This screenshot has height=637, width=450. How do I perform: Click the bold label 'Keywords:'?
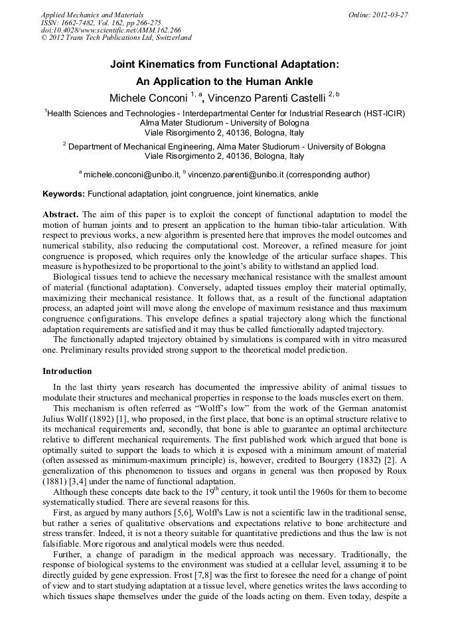[x=64, y=194]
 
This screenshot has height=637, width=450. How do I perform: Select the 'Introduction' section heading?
[x=67, y=371]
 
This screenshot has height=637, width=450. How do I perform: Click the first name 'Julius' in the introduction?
[x=55, y=419]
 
